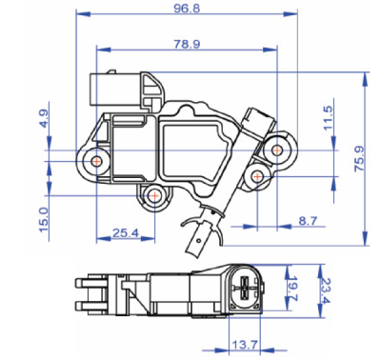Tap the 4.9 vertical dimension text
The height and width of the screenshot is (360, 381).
pos(44,121)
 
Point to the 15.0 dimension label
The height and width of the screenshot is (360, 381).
pos(44,217)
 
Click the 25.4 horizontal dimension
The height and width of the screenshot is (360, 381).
pos(126,231)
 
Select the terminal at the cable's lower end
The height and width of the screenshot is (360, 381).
pos(200,231)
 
